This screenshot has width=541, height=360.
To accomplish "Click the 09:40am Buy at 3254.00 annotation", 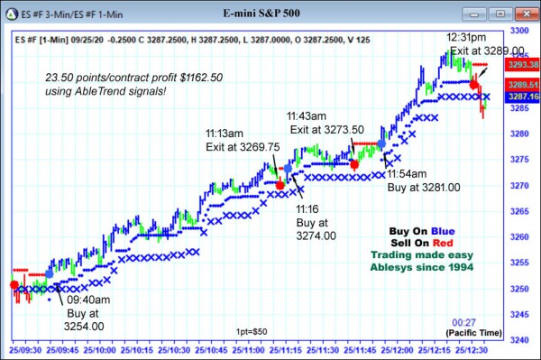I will click(84, 313).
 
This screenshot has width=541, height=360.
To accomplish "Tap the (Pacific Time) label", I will click(476, 333).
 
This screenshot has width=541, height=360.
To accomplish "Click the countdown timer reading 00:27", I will click(464, 321).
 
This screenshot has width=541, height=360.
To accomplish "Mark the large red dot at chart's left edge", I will click(14, 285).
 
